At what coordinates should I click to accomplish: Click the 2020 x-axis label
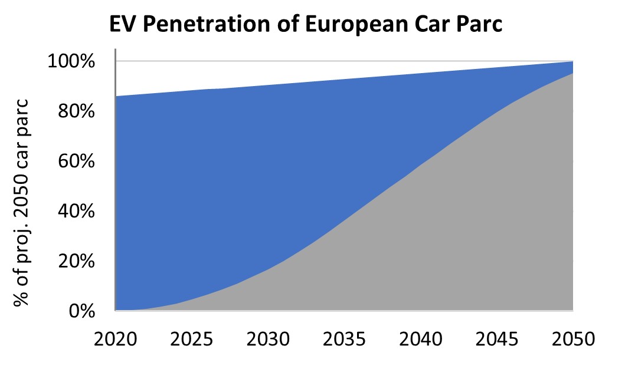click(x=116, y=340)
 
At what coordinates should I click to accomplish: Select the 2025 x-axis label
click(x=192, y=340)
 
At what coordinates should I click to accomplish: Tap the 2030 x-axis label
click(x=268, y=340)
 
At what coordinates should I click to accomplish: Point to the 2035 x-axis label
click(x=344, y=340)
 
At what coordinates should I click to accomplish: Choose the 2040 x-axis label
click(x=420, y=340)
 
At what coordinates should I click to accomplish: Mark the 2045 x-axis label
click(x=496, y=340)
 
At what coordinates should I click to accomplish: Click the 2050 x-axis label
click(x=572, y=340)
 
